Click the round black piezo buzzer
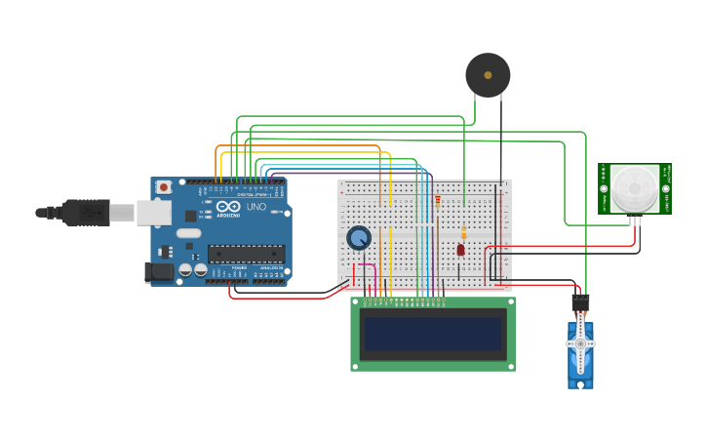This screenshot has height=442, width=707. coord(488,75)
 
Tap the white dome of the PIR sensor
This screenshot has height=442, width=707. coord(635,187)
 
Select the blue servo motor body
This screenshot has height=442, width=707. coord(580,357)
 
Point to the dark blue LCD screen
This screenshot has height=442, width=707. coord(433,335)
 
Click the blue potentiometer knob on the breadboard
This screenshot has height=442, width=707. coord(359,238)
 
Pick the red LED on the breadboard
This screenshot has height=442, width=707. coord(460,250)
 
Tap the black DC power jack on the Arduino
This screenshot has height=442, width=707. coord(159,272)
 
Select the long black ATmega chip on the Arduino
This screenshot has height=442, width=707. coord(246,254)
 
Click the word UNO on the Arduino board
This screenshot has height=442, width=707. coord(255,207)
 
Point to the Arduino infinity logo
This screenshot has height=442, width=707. coord(228,207)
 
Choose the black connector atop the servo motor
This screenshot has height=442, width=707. coord(580,302)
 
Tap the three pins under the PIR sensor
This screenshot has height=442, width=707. coord(635,221)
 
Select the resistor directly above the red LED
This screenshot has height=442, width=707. coord(463,232)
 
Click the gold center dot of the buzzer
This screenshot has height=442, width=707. coord(488,75)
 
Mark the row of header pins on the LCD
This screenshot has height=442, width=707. coord(405,300)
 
